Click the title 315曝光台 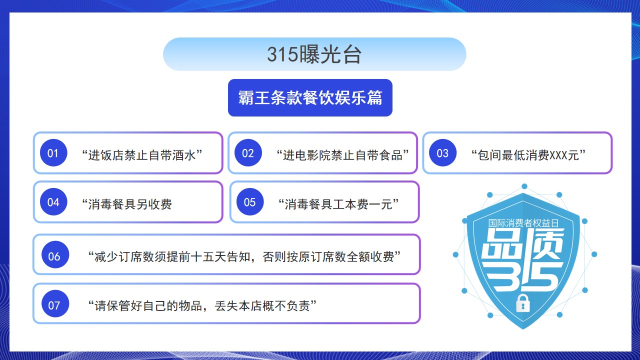314,54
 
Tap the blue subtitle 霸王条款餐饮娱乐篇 310,97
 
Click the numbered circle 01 53,153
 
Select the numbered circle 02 248,153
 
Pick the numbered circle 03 442,153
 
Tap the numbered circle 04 53,202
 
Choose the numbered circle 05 250,202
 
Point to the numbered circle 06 55,254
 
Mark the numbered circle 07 55,303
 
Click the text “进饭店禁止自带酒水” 142,155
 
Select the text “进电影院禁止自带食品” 342,155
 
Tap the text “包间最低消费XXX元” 528,155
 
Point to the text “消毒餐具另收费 127,204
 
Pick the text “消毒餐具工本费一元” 338,204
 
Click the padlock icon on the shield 523,303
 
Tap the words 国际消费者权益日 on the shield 523,223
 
